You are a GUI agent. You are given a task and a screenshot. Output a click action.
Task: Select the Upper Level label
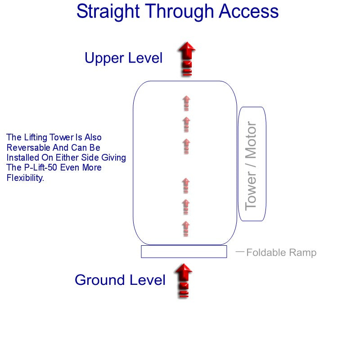[123, 58]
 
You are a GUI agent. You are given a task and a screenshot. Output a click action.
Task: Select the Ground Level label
[120, 280]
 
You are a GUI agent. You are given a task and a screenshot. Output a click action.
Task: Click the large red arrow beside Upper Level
[186, 58]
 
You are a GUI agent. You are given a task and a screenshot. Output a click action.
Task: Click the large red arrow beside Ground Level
[183, 280]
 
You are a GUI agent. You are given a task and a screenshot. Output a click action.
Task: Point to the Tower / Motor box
[252, 164]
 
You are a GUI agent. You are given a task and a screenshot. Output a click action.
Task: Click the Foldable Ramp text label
[281, 252]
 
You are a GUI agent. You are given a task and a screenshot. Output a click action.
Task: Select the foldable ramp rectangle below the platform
[184, 252]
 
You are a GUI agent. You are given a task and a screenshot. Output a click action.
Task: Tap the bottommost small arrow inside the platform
[185, 229]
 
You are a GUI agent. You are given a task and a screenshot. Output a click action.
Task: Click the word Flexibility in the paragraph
[25, 178]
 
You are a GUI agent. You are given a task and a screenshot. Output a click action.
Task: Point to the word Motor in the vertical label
[251, 139]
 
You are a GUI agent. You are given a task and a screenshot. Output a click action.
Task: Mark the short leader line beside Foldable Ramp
[240, 252]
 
